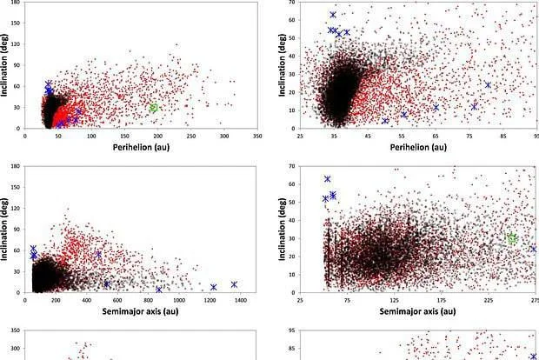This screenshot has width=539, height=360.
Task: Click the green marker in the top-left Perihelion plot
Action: pos(154,108)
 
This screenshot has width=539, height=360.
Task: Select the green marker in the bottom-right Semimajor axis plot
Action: pos(512,238)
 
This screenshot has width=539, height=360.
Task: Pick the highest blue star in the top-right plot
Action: pos(333,15)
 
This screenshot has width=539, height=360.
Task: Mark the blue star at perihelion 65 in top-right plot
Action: pos(436,108)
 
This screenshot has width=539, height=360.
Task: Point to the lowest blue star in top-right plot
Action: pos(385,121)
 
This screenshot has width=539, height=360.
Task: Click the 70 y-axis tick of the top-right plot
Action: pos(291,3)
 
